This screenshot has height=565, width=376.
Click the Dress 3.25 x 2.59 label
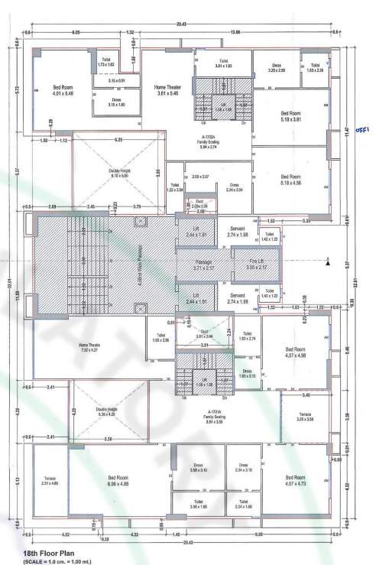coord(276,67)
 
